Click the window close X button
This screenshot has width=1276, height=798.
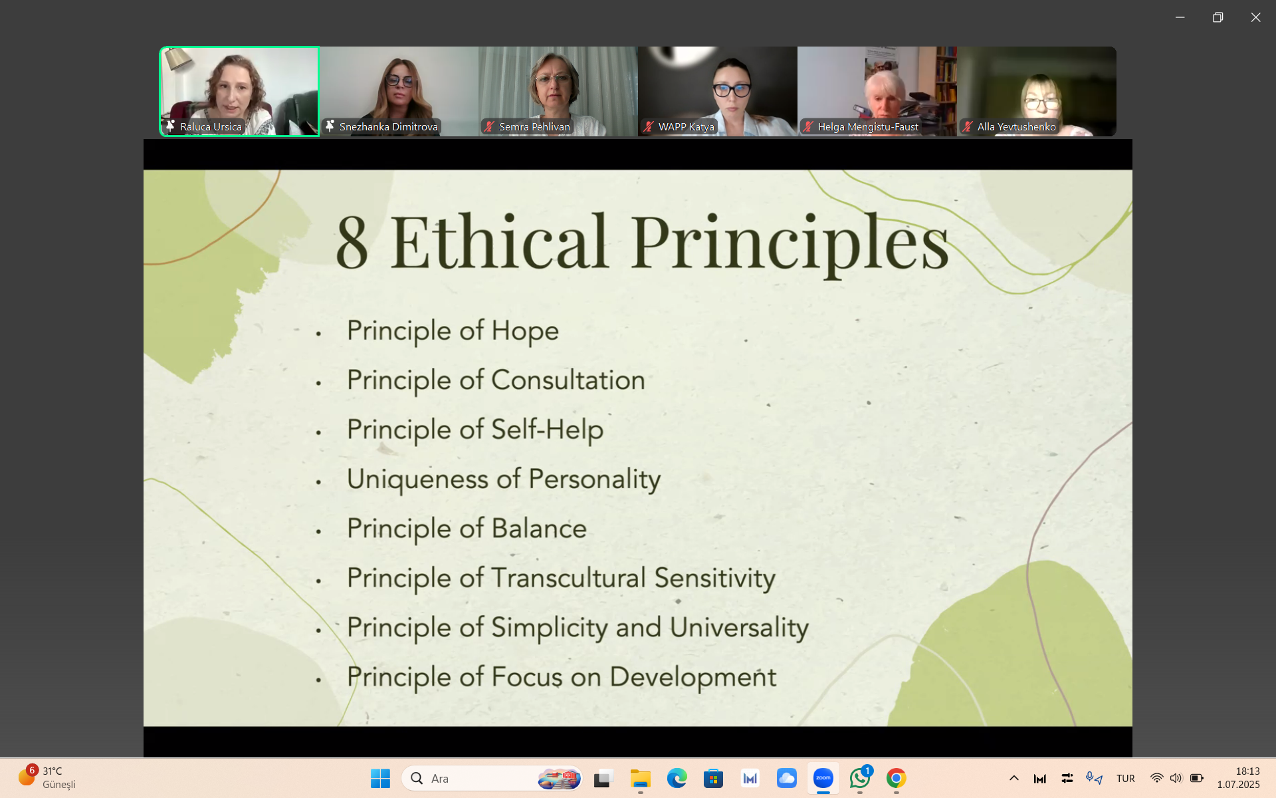(1255, 17)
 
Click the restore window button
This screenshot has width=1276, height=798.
(1218, 17)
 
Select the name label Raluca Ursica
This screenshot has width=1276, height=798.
(211, 126)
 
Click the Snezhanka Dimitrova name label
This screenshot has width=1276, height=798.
(389, 126)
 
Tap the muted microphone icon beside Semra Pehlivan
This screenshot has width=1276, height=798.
(489, 126)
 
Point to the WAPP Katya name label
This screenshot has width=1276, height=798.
(686, 126)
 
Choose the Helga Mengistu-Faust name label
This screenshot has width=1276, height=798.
(868, 126)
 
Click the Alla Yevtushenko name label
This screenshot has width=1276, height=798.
(1016, 126)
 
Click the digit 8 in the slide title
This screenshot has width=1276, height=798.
(352, 242)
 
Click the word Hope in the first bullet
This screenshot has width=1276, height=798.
(525, 331)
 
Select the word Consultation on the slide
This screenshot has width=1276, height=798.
(568, 380)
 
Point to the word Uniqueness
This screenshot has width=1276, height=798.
(417, 479)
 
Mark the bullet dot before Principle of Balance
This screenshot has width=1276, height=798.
(318, 531)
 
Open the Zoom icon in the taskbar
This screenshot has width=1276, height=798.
(823, 778)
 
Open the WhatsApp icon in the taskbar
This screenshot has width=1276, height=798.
(859, 778)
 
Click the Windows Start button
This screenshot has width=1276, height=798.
(380, 778)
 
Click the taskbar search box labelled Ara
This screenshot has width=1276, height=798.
(492, 778)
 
